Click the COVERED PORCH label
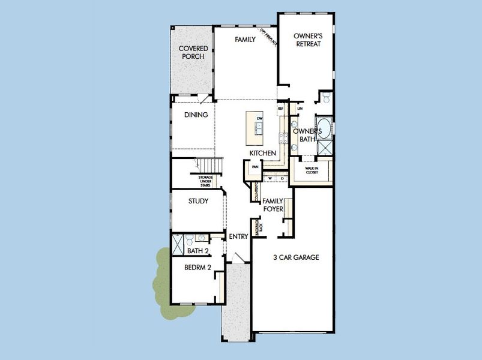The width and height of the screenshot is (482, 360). tap(193, 52)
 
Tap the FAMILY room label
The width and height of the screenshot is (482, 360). tap(245, 40)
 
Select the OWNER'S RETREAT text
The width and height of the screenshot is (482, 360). tap(307, 40)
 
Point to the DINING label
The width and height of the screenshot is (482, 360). tap(196, 115)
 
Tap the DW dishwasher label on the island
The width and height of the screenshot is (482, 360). tap(260, 119)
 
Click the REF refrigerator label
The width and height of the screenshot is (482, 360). tap(280, 109)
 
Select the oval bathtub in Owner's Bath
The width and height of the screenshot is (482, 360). tap(324, 128)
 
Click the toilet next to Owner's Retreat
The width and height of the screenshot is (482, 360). tap(326, 97)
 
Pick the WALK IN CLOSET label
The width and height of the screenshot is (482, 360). tap(312, 170)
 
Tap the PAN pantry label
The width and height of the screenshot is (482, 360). tap(255, 167)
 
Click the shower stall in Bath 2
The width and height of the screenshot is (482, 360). tap(178, 244)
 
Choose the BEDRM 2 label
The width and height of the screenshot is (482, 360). tap(197, 268)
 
